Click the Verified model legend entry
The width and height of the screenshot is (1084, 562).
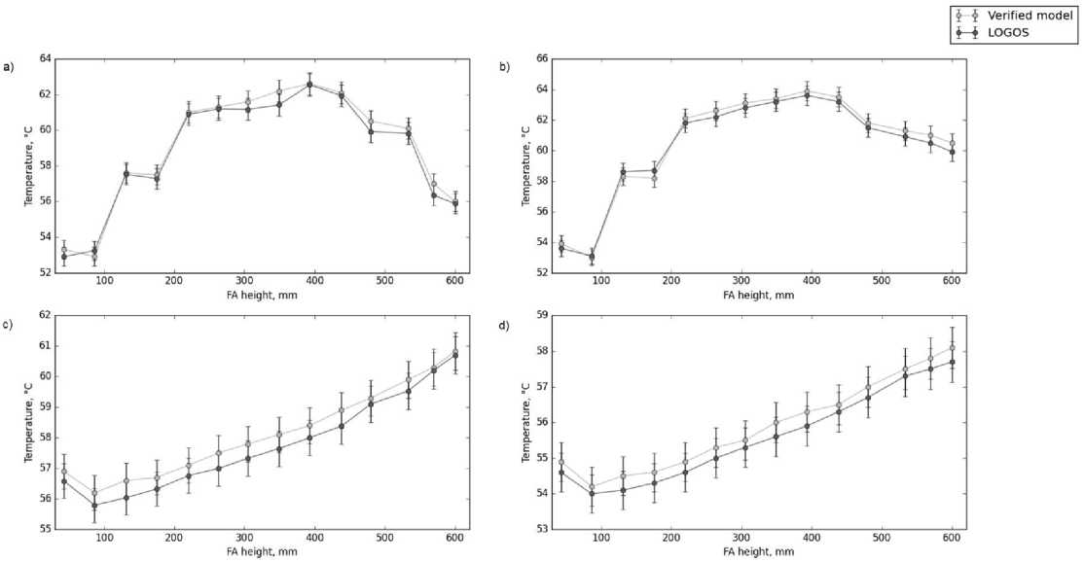click(1021, 15)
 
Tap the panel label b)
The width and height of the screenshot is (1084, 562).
click(503, 67)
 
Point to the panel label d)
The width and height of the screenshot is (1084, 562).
click(503, 323)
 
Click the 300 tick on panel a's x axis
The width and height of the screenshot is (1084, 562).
click(244, 282)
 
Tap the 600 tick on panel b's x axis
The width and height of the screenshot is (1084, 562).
click(951, 282)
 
